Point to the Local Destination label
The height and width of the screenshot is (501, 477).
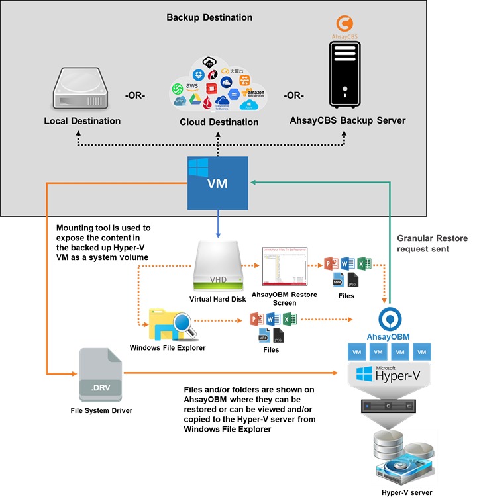[82, 121]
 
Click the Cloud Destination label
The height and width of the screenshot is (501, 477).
[219, 122]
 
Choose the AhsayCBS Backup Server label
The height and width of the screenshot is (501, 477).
[348, 121]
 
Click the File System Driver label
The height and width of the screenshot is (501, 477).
[101, 411]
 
